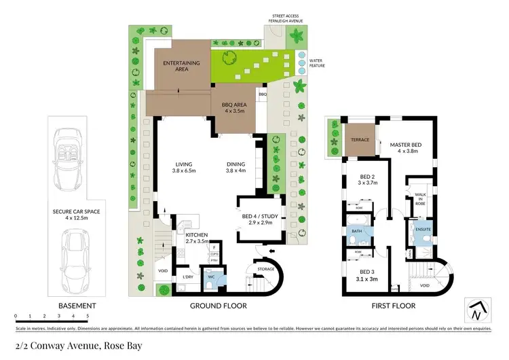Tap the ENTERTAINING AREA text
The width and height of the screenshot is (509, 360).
coord(181,66)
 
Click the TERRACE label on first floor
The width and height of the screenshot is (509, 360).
coord(360,139)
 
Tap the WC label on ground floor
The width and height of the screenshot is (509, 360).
coord(210,277)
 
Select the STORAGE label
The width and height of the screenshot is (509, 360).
coord(267,270)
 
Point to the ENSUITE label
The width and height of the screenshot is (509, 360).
coord(423,230)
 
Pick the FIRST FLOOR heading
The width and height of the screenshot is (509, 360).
coord(394,306)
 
